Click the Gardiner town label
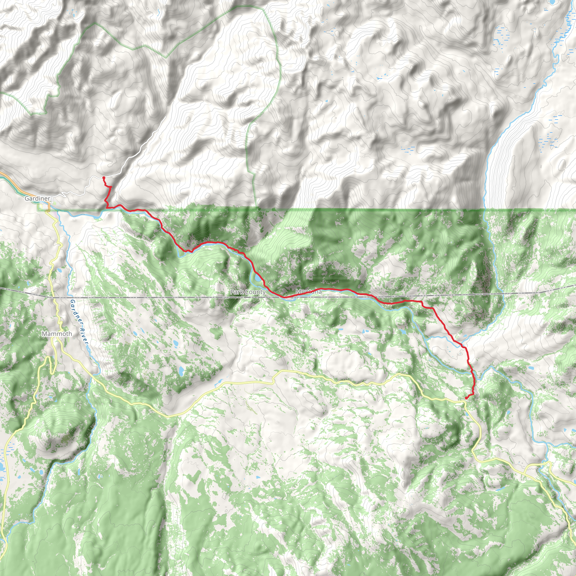pyautogui.click(x=37, y=199)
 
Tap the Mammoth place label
pyautogui.click(x=57, y=334)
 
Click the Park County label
pyautogui.click(x=248, y=292)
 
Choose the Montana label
pyautogui.click(x=309, y=292)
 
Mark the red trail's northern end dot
pyautogui.click(x=104, y=178)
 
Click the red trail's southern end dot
pyautogui.click(x=466, y=398)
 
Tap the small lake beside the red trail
pyautogui.click(x=256, y=278)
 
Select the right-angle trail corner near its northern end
pyautogui.click(x=107, y=207)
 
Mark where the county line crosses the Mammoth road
pyautogui.click(x=55, y=297)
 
